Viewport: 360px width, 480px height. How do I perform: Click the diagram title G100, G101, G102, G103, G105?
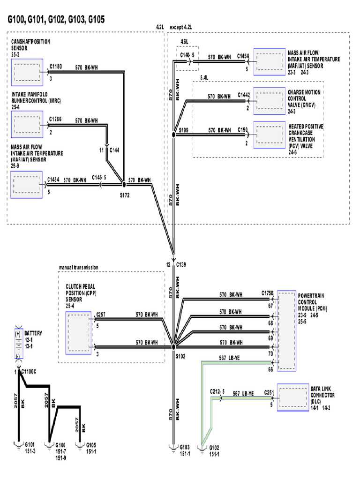coord(55,19)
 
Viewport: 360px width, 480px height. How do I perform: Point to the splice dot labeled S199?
coord(174,135)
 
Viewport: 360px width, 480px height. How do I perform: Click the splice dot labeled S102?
coord(173,346)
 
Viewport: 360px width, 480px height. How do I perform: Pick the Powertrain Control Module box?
coord(285,331)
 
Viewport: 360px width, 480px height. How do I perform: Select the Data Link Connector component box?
coord(292,397)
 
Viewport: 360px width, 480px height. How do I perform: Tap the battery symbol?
coord(18,344)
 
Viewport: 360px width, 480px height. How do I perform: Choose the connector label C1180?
coord(55,67)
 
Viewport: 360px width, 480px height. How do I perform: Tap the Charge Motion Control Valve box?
coord(269,101)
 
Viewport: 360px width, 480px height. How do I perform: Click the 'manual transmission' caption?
coord(78,267)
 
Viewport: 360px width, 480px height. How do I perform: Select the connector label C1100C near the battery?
coord(30,372)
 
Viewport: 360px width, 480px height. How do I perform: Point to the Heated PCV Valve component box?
coord(269,135)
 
